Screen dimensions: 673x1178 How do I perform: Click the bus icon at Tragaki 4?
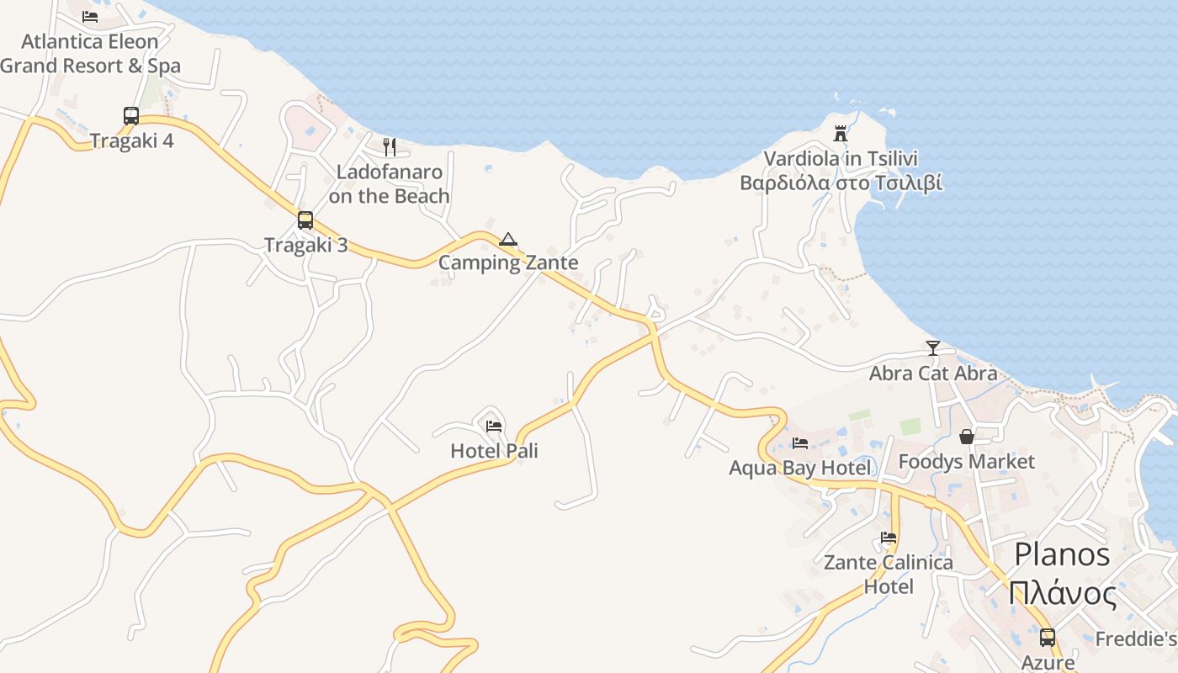[131, 116]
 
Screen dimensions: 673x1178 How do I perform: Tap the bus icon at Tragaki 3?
[305, 220]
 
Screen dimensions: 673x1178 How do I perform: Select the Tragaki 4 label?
[131, 140]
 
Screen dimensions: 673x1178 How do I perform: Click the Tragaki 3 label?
[305, 246]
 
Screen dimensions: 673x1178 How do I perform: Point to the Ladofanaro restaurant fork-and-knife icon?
[389, 147]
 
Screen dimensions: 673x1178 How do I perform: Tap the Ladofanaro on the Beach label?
[389, 184]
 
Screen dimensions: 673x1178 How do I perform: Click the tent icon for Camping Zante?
[507, 240]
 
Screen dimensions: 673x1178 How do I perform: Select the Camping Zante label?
[508, 262]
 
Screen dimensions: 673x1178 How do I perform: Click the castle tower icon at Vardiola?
[840, 133]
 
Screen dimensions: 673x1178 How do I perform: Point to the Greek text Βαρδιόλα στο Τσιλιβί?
[841, 183]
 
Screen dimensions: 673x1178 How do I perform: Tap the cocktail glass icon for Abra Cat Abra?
[932, 348]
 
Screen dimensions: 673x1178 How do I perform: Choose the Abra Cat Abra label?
[933, 373]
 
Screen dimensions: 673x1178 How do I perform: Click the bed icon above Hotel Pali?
[494, 427]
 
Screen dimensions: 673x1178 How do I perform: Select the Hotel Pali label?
[494, 451]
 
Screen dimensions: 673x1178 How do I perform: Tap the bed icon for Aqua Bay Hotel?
[799, 442]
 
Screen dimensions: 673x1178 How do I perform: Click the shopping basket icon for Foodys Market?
[966, 437]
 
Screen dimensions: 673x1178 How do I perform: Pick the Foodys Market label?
[966, 462]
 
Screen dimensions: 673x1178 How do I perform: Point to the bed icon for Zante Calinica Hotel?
[888, 538]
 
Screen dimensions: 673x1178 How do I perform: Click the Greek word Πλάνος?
[1063, 594]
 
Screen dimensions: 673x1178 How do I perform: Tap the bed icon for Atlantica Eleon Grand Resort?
[90, 17]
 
